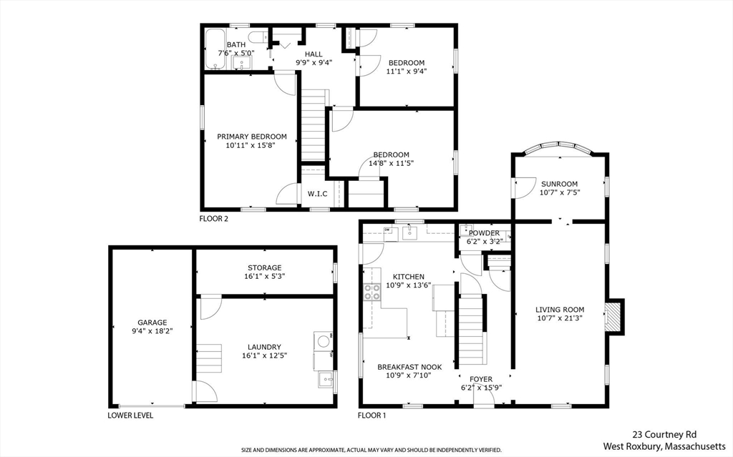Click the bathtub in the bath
(x=215, y=49)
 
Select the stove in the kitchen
(x=372, y=291)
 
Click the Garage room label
(x=152, y=323)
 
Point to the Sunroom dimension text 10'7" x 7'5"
(x=559, y=193)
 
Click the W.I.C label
(x=317, y=194)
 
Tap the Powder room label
(x=484, y=232)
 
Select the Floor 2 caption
(x=213, y=219)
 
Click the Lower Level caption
(x=130, y=416)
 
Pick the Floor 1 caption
(x=372, y=416)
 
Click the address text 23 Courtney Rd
(x=665, y=434)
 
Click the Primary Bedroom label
(x=252, y=137)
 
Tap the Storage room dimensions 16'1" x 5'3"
(x=265, y=277)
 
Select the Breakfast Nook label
(x=409, y=367)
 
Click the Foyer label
(x=480, y=379)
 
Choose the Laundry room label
(x=265, y=347)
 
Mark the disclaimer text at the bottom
(x=371, y=450)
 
